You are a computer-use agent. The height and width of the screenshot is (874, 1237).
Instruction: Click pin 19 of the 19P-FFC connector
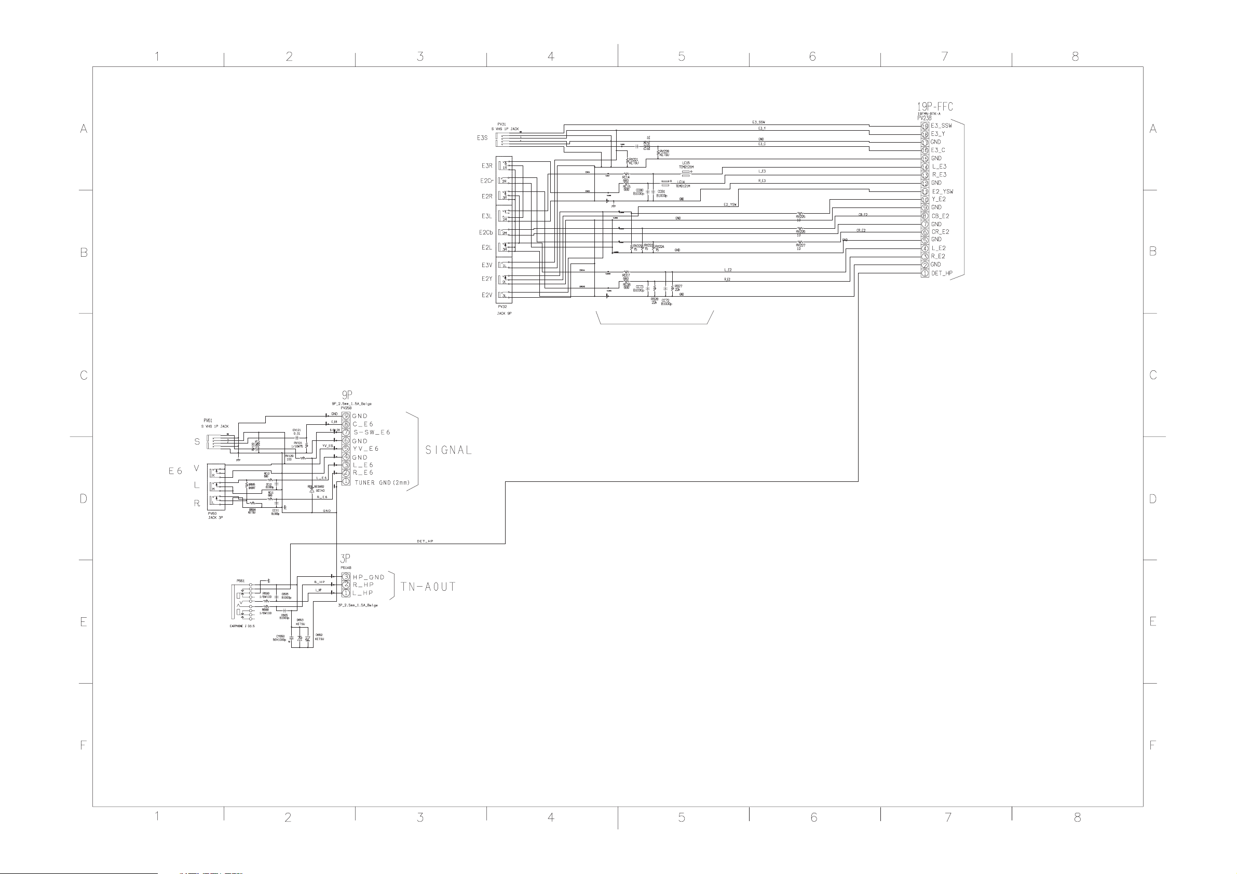pyautogui.click(x=925, y=126)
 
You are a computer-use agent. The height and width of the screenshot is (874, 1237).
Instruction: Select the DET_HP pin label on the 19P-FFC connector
pyautogui.click(x=942, y=273)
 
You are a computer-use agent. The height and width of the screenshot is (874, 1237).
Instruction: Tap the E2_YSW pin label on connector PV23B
pyautogui.click(x=942, y=192)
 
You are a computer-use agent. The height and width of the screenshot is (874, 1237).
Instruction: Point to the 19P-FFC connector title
pyautogui.click(x=935, y=107)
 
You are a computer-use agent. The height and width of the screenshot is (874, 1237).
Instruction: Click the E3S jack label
pyautogui.click(x=482, y=138)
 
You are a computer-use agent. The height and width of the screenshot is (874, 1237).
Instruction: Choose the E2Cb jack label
pyautogui.click(x=485, y=233)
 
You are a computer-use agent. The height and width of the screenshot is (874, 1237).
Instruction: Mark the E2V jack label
pyautogui.click(x=486, y=295)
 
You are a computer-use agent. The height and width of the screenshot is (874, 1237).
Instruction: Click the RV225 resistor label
pyautogui.click(x=800, y=217)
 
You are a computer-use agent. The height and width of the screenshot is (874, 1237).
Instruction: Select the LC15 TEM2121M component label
pyautogui.click(x=686, y=165)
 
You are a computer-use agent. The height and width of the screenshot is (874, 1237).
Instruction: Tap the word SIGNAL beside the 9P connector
pyautogui.click(x=448, y=450)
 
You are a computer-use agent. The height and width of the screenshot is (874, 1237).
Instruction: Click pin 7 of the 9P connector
pyautogui.click(x=346, y=433)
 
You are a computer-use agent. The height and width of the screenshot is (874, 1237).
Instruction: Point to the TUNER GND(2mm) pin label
pyautogui.click(x=382, y=482)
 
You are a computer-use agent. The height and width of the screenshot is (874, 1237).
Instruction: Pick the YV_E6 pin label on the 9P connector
pyautogui.click(x=366, y=449)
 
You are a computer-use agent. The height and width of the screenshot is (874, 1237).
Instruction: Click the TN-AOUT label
pyautogui.click(x=428, y=587)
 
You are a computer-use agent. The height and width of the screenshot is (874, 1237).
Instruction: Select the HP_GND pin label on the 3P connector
pyautogui.click(x=369, y=577)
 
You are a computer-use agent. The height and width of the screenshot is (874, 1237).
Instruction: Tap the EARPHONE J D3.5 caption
pyautogui.click(x=242, y=626)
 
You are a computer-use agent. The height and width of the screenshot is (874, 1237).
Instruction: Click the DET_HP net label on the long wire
pyautogui.click(x=425, y=541)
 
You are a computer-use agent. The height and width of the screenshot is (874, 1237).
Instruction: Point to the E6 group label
pyautogui.click(x=175, y=471)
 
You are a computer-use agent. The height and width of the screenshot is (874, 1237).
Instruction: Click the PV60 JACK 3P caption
pyautogui.click(x=215, y=516)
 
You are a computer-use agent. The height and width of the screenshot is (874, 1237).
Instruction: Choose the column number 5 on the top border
pyautogui.click(x=682, y=57)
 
